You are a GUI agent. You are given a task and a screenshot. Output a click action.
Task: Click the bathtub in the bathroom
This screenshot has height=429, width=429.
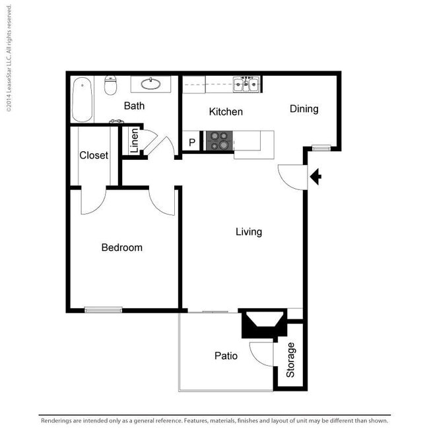pyautogui.click(x=82, y=99)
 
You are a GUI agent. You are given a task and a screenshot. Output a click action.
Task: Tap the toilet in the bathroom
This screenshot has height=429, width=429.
pyautogui.click(x=110, y=85)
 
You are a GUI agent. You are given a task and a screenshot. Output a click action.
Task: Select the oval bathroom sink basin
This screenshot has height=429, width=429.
pyautogui.click(x=150, y=84)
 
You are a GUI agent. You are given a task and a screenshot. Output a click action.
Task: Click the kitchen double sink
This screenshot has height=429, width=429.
pyautogui.click(x=246, y=84)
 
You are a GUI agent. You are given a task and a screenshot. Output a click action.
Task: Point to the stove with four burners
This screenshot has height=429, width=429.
pyautogui.click(x=219, y=141)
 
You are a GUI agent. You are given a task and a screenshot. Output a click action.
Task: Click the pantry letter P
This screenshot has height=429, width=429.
pyautogui.click(x=192, y=143)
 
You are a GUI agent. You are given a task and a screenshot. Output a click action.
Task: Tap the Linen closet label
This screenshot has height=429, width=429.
pyautogui.click(x=135, y=141)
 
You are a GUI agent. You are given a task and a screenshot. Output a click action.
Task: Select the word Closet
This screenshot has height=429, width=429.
pyautogui.click(x=94, y=155)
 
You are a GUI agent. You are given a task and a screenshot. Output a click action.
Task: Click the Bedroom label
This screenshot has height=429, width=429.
pyautogui.click(x=121, y=247)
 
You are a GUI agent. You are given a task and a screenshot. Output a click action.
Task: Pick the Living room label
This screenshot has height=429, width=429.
pyautogui.click(x=249, y=232)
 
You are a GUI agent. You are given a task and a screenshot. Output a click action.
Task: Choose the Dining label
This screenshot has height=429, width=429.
pyautogui.click(x=304, y=109)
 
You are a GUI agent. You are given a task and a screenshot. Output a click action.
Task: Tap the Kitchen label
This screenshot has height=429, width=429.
pyautogui.click(x=226, y=112)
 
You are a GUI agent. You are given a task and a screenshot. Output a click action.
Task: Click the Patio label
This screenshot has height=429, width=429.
pyautogui.click(x=226, y=356)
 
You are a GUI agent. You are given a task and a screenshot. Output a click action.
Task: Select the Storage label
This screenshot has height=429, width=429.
pyautogui.click(x=290, y=360)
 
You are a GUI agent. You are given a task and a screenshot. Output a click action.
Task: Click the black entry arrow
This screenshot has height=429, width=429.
pyautogui.click(x=315, y=177)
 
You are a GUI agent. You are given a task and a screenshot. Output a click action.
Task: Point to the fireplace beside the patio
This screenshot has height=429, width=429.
pyautogui.click(x=265, y=323)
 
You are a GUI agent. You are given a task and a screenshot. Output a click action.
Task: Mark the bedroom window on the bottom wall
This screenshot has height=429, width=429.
pyautogui.click(x=103, y=310)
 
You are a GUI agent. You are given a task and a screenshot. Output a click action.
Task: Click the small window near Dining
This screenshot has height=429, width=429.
pyautogui.click(x=321, y=148)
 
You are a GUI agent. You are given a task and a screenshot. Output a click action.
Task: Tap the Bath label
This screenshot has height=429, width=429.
pyautogui.click(x=134, y=106)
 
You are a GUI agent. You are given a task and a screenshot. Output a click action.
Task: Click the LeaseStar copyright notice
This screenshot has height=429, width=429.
pyautogui.click(x=9, y=58)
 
